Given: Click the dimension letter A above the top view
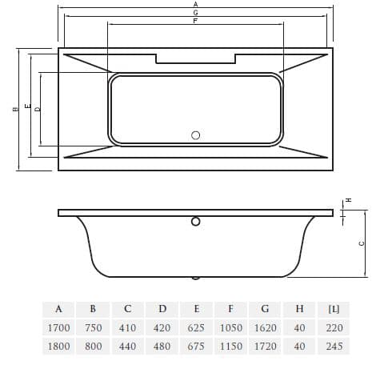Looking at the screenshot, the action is [x=196, y=4].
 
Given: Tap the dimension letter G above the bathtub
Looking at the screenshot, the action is [x=196, y=13].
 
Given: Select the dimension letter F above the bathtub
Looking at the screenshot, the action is [x=195, y=21].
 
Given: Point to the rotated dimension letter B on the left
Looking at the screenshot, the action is [x=16, y=109].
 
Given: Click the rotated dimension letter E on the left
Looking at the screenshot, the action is [x=27, y=106].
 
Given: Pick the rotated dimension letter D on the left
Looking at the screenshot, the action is [x=38, y=109].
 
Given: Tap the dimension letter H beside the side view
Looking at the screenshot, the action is [x=348, y=200].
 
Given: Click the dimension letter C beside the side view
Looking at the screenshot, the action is [x=362, y=243].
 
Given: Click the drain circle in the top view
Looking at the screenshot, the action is [x=196, y=135].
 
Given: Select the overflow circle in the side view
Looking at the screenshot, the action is [x=196, y=222].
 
